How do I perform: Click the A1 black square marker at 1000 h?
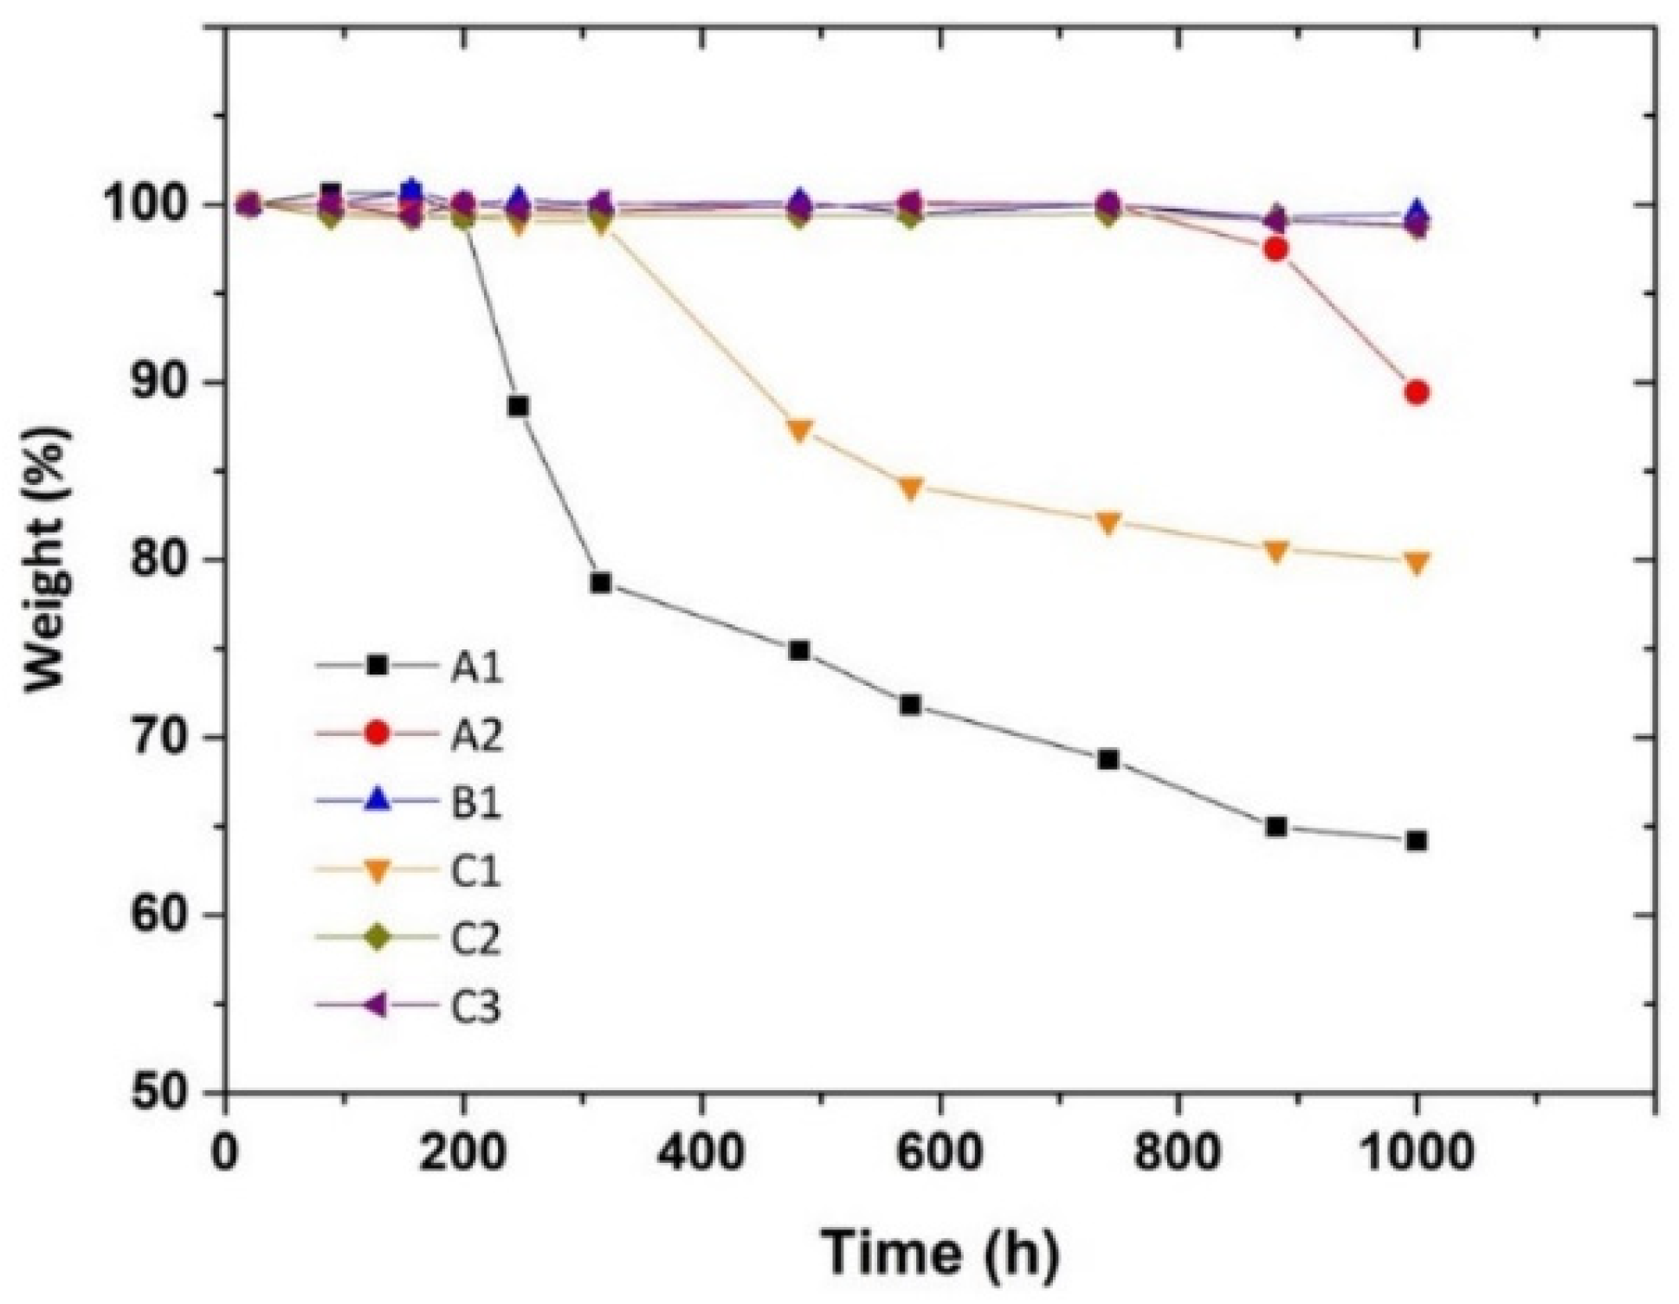(1416, 841)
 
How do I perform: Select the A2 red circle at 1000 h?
(1416, 393)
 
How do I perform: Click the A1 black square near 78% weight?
(601, 583)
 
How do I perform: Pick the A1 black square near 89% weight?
(518, 406)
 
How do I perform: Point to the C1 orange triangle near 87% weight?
(799, 429)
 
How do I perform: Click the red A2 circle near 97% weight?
(1275, 249)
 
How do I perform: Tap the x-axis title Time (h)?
(940, 1251)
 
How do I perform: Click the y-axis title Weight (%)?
(48, 560)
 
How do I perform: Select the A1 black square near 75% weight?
(799, 650)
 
